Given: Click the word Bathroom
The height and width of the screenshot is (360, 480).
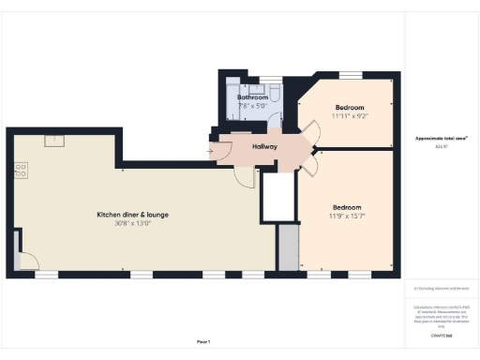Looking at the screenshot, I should pos(252,97).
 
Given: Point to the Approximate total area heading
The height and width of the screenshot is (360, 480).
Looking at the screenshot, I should pos(441,139).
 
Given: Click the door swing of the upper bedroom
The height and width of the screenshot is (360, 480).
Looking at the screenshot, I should pos(308,136).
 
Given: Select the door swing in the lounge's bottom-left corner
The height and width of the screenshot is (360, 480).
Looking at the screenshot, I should pos(26,262).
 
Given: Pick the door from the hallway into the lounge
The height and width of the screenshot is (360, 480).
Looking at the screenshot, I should pos(246,179).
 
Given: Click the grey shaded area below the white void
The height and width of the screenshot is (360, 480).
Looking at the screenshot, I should pos(286,248).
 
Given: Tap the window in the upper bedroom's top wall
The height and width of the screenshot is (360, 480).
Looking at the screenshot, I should pos(351,74).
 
